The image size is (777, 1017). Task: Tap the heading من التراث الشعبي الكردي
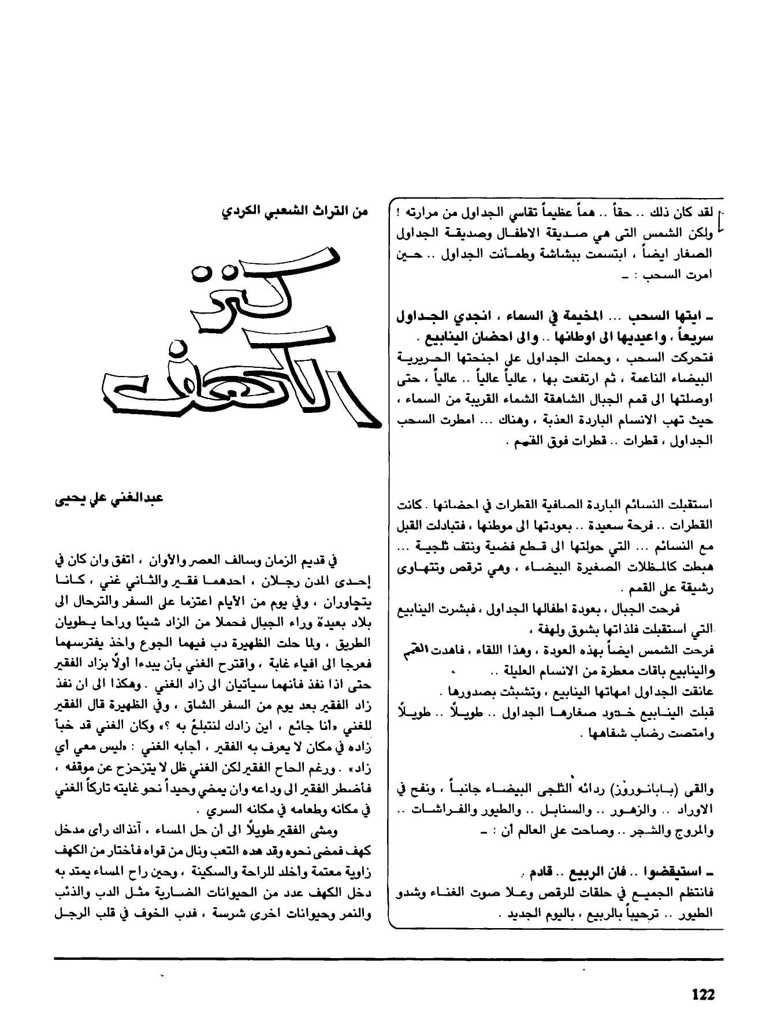point(295,211)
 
